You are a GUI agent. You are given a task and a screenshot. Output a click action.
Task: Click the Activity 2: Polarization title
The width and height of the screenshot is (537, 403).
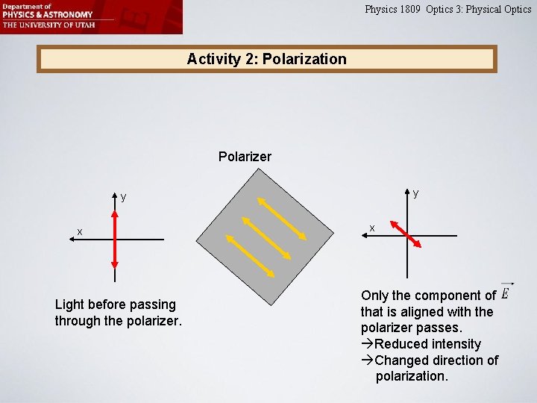tap(266, 59)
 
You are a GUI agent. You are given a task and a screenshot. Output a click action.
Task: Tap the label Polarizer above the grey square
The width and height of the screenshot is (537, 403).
tap(245, 157)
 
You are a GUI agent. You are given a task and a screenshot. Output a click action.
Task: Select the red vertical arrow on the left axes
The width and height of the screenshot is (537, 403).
tap(115, 239)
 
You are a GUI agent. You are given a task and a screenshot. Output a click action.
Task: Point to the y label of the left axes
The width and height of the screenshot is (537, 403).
tap(124, 197)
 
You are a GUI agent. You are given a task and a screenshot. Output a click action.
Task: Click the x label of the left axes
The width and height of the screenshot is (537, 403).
tap(80, 232)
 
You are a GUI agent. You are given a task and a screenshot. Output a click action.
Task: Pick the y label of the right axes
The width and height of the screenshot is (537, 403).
tap(415, 193)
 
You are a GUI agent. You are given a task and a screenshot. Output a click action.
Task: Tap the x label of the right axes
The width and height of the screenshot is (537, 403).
tap(372, 227)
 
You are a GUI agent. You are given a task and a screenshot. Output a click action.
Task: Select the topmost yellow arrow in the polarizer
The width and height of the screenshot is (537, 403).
tap(282, 218)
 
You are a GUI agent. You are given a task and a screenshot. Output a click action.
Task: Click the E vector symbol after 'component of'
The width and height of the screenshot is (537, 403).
tap(506, 292)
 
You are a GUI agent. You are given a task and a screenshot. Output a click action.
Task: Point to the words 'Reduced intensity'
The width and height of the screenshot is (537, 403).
tap(427, 344)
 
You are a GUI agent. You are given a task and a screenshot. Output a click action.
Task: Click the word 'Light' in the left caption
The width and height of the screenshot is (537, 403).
tap(70, 304)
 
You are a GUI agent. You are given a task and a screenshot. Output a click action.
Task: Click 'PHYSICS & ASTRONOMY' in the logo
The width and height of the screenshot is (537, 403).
tap(47, 14)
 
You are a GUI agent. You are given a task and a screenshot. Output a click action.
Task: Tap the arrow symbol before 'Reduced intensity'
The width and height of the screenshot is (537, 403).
tap(367, 344)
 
